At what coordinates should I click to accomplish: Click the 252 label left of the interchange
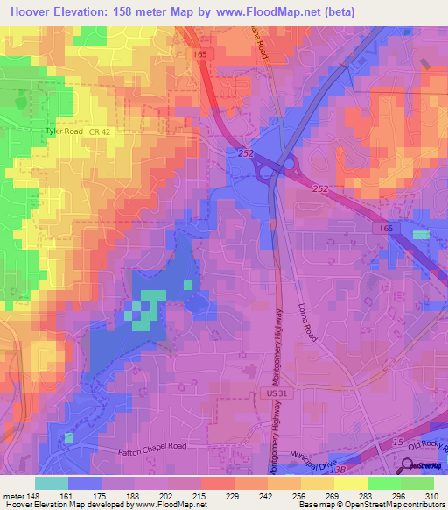pyautogui.click(x=243, y=153)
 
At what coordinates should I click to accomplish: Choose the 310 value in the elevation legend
pyautogui.click(x=430, y=495)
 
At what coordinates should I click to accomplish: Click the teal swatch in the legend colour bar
pyautogui.click(x=52, y=483)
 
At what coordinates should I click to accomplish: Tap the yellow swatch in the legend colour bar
pyautogui.click(x=351, y=483)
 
